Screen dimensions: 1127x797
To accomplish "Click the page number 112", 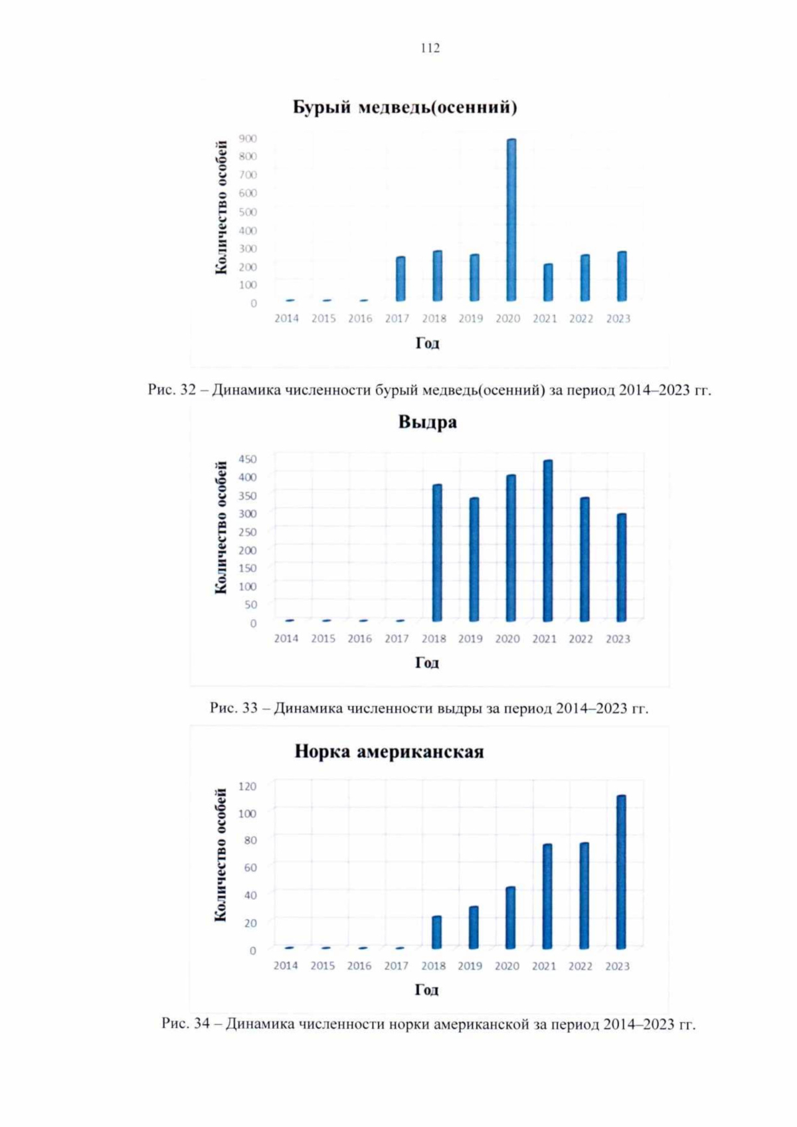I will pos(430,48).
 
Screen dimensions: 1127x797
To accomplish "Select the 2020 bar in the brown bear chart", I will pos(511,219).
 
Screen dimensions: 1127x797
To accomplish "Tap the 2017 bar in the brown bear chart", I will pos(400,278).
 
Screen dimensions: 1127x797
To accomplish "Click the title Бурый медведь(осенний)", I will pos(405,108).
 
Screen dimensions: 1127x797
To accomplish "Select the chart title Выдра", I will pos(427,422).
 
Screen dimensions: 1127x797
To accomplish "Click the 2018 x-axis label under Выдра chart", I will pos(434,639).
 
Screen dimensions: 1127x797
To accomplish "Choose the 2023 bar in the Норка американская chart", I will pos(621,871).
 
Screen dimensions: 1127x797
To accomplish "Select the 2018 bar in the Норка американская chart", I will pos(436,932).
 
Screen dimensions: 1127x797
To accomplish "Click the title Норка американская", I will pos(389,752).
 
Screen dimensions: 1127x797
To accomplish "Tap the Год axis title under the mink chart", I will pos(426,990).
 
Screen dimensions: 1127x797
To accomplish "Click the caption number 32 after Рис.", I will pos(188,390).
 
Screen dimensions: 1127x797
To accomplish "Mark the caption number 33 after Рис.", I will pos(250,708).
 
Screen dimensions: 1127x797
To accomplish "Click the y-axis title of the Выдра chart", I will pos(221,527).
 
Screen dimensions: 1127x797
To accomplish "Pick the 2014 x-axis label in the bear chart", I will pos(287,319).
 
